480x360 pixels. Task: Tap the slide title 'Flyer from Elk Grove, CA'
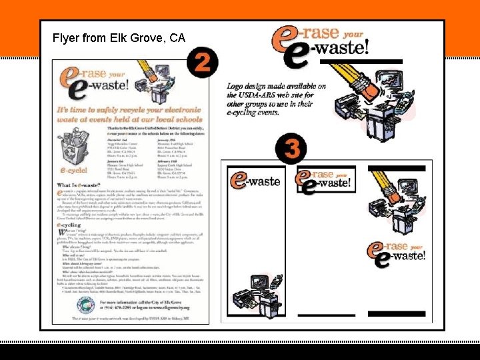(x=119, y=39)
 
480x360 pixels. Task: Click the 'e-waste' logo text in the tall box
(x=256, y=180)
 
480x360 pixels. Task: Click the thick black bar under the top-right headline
(x=361, y=62)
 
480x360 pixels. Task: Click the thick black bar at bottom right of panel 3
(x=396, y=313)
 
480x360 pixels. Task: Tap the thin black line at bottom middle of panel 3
(x=321, y=315)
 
